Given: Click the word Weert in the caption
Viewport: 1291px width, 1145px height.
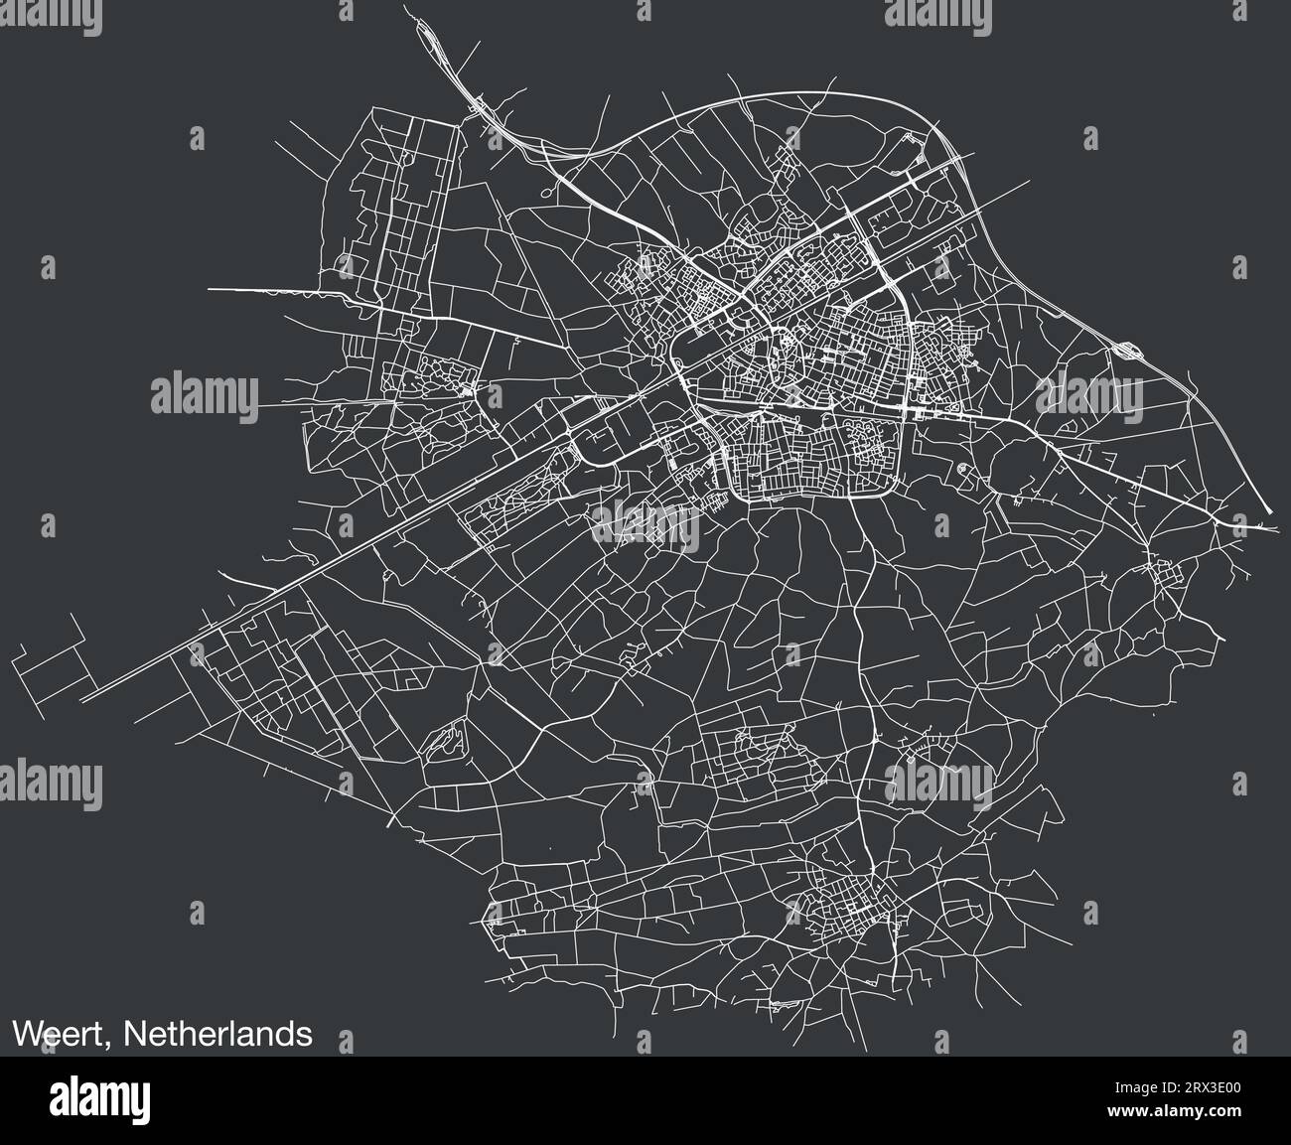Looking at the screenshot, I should point(62,1035).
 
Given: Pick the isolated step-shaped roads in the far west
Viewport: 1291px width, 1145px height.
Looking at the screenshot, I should point(55,659).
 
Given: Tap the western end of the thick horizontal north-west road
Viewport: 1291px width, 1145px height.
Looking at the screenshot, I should point(211,289).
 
